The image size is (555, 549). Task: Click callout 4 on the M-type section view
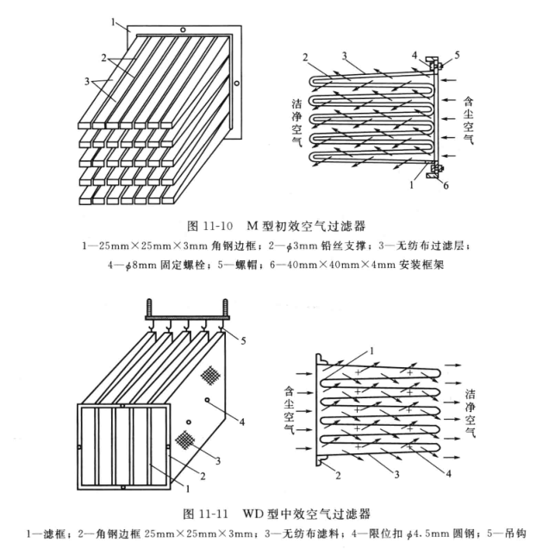[x=414, y=53]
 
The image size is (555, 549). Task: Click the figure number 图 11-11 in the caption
[x=206, y=514]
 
